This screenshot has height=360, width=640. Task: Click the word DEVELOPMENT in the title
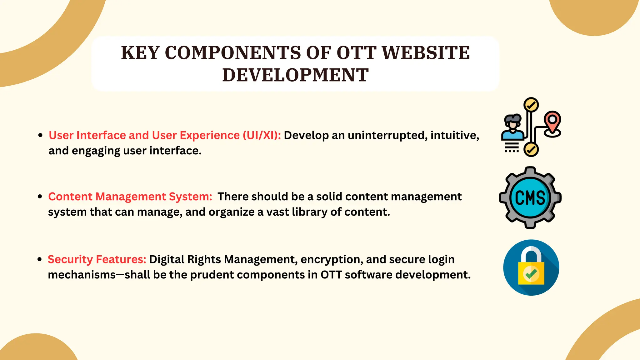295,75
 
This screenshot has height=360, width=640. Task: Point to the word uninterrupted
387,135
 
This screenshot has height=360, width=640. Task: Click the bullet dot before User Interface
40,135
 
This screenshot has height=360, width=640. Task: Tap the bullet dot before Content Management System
40,197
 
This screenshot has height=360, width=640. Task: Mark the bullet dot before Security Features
39,259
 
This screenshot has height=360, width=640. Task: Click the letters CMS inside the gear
530,198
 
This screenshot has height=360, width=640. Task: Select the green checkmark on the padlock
531,274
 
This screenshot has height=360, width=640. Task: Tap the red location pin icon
552,122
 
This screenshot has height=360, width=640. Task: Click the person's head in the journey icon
512,122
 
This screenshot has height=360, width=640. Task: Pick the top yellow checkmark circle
531,105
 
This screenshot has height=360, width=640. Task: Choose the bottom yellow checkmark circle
531,150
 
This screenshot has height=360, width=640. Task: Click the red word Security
70,259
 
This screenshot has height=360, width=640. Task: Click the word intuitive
454,135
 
